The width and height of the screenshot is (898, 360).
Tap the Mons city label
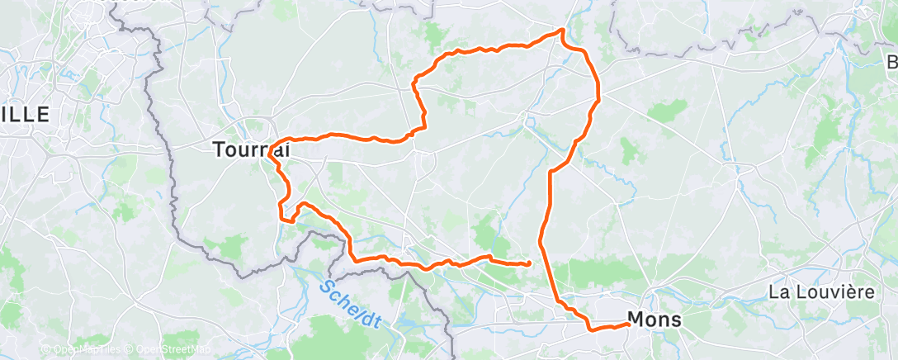point(655,319)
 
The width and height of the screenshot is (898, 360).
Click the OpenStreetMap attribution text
point(166,350)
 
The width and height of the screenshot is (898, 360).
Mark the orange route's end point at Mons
point(629,324)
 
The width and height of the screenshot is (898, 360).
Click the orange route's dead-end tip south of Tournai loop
point(528,263)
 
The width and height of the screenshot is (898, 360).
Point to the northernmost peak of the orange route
point(562,31)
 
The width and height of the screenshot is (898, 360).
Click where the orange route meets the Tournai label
point(271,149)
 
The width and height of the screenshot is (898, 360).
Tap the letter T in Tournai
point(218,150)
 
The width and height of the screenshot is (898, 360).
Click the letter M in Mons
point(636,319)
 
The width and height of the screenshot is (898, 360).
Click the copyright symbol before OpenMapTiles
point(46,350)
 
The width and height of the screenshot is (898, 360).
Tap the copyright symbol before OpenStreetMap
point(119,350)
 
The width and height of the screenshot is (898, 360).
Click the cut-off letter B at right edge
point(892,64)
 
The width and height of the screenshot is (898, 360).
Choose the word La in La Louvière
point(778,292)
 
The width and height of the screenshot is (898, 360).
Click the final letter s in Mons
point(677,320)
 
